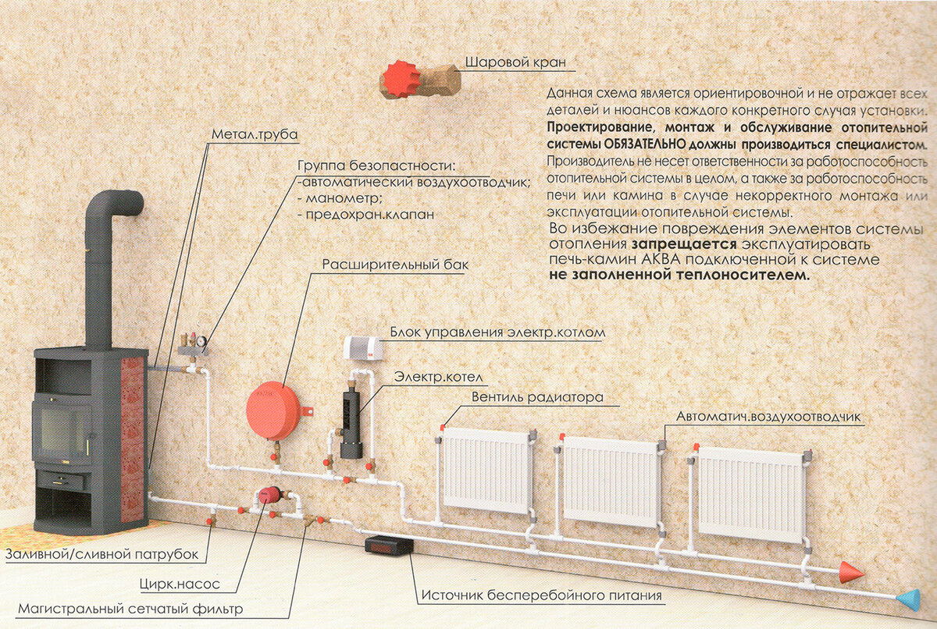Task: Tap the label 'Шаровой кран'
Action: tap(515, 62)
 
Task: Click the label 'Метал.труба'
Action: tap(255, 134)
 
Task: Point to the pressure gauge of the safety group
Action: tap(201, 341)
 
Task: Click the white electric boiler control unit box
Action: tap(363, 348)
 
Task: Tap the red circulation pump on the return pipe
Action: tap(270, 495)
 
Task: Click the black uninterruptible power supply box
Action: tap(389, 545)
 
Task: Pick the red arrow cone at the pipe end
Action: tap(851, 573)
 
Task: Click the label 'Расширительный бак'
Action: tap(395, 265)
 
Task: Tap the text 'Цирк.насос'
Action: tap(180, 584)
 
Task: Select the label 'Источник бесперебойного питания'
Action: tap(541, 595)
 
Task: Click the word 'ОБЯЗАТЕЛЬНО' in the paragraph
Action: tap(644, 145)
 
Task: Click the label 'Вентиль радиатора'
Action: tap(537, 397)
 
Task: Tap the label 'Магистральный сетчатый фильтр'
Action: tap(130, 609)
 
